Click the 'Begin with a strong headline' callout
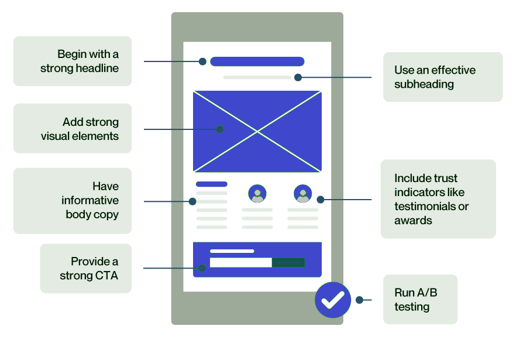73,61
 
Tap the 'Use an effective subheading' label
443,77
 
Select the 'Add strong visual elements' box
73,129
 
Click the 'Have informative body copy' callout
73,201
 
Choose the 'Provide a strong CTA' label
86,268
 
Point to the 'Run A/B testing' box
420,299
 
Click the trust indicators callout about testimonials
438,199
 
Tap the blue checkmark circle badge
333,300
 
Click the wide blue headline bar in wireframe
257,61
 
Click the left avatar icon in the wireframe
257,193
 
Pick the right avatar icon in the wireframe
303,193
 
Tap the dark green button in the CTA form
288,262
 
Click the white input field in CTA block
240,262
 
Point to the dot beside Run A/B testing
359,300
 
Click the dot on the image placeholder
220,129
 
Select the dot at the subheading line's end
298,77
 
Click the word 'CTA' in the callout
106,275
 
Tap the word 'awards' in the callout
413,221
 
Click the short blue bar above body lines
211,184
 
